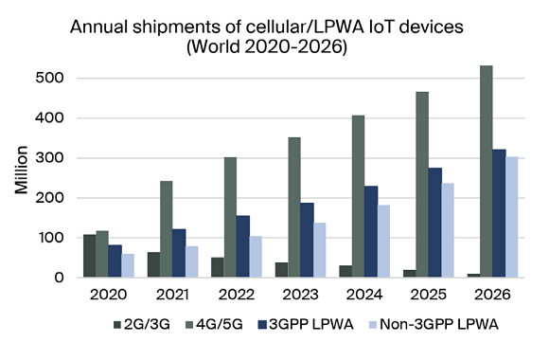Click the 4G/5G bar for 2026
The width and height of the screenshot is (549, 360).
487,171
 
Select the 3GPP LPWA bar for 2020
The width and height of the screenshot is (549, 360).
115,261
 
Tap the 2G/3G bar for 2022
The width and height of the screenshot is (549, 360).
218,267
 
